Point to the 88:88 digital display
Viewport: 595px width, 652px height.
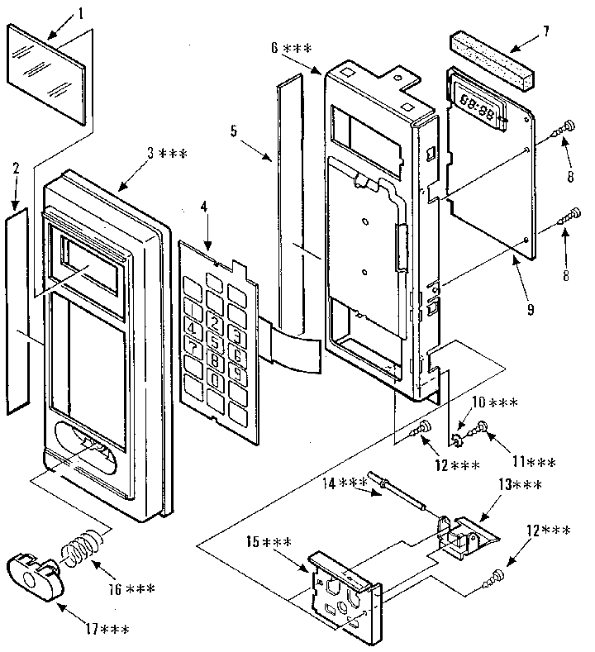pyautogui.click(x=478, y=108)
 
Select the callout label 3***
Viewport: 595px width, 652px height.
pyautogui.click(x=167, y=153)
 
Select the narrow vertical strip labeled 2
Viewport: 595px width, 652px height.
pyautogui.click(x=17, y=310)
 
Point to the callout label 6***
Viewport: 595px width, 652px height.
pyautogui.click(x=291, y=49)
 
